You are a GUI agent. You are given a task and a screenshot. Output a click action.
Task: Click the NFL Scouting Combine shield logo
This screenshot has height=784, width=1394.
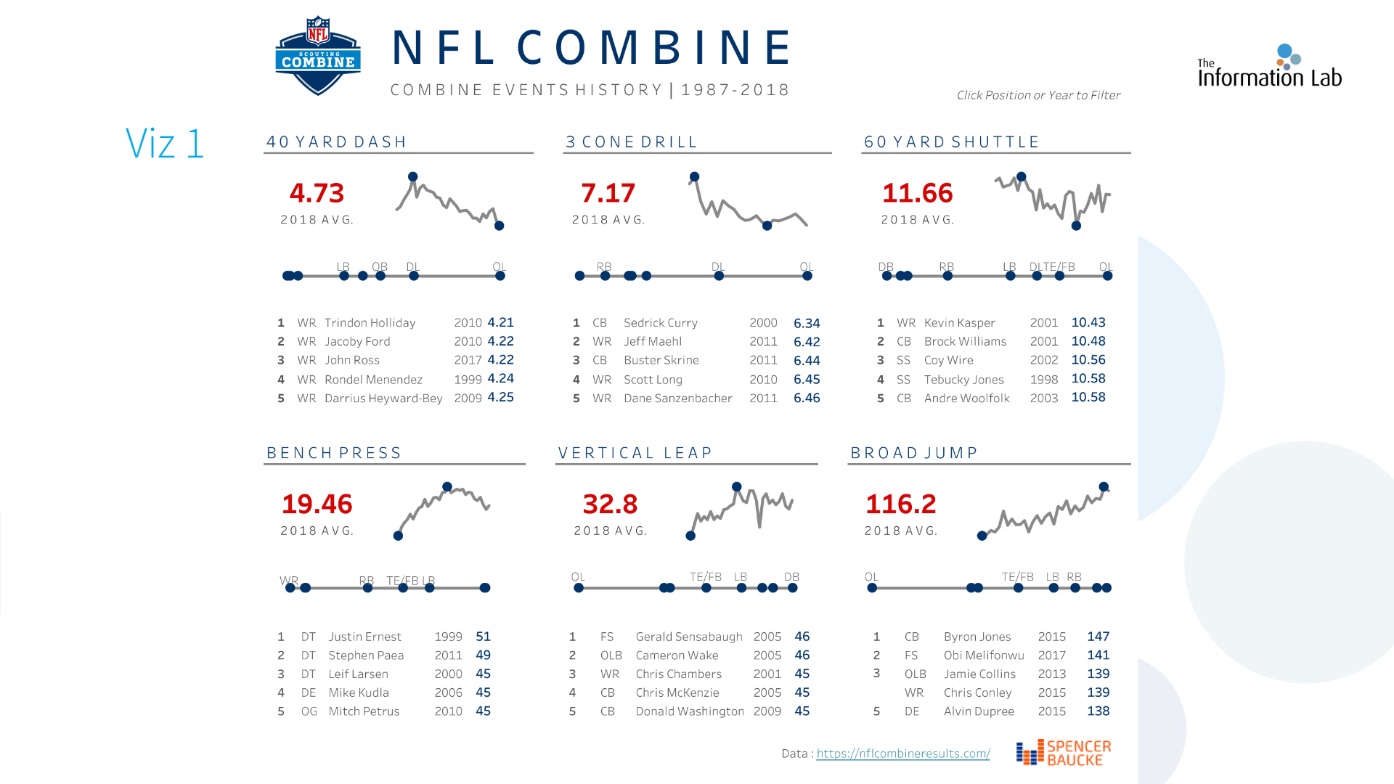pos(318,56)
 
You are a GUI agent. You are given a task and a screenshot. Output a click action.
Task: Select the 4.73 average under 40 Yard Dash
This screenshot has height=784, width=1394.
pos(317,193)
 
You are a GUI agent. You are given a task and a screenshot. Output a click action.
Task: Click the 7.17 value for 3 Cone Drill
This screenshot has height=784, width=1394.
pos(608,193)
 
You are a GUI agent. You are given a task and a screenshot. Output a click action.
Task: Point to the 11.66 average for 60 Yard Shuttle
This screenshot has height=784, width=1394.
pos(917,193)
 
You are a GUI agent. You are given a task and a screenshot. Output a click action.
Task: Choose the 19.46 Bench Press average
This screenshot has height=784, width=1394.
pos(317,504)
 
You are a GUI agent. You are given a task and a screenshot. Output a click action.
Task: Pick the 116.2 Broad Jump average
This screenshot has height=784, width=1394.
pos(900,504)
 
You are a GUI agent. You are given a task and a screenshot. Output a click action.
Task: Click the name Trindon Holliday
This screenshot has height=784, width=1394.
pos(370,323)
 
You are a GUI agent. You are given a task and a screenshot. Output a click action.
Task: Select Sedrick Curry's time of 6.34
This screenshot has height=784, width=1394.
pos(807,323)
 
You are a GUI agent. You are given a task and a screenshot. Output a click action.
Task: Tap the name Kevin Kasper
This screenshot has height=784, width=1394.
pos(959,323)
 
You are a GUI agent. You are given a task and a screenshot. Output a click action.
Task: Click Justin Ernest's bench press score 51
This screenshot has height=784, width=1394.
pos(483,637)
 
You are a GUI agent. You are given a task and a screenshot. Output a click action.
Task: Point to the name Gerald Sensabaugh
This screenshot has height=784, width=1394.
pos(688,637)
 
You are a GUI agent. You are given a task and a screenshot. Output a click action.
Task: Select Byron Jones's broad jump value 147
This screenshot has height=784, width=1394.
pos(1098,637)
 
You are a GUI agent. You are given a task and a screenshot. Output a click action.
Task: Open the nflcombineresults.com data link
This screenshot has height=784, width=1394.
pos(902,754)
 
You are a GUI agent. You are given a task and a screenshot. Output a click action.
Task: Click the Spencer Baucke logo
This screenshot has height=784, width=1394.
pos(1064,753)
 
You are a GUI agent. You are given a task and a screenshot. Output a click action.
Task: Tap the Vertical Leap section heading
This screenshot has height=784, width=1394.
pos(635,453)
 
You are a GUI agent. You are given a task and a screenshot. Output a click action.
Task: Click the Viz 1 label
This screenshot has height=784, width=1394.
pos(164,143)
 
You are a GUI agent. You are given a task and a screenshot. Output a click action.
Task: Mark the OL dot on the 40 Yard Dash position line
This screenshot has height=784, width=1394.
pos(500,276)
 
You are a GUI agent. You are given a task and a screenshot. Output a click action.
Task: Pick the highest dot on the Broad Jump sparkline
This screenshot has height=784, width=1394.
pos(1104,487)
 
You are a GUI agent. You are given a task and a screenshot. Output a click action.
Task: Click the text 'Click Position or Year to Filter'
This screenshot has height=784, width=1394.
pos(1038,95)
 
